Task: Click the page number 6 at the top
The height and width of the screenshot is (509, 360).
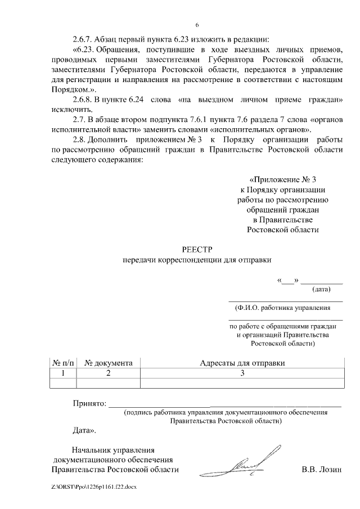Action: pyautogui.click(x=197, y=25)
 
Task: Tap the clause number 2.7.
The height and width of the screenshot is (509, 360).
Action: pyautogui.click(x=79, y=119)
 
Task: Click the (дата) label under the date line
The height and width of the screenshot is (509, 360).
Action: pyautogui.click(x=321, y=290)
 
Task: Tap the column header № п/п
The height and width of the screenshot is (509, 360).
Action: pyautogui.click(x=63, y=363)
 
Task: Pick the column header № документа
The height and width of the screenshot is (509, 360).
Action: pyautogui.click(x=108, y=363)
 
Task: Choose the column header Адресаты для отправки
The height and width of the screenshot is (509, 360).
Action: pyautogui.click(x=242, y=363)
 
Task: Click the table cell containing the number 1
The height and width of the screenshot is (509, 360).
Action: pyautogui.click(x=63, y=373)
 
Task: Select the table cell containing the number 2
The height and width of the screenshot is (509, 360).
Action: pyautogui.click(x=108, y=373)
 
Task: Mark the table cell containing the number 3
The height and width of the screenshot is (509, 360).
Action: pyautogui.click(x=242, y=373)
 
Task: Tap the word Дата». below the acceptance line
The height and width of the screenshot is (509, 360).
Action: pyautogui.click(x=84, y=430)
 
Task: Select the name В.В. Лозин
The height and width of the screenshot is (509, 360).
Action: pyautogui.click(x=321, y=470)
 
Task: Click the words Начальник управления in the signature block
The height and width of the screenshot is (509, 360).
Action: pyautogui.click(x=112, y=449)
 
